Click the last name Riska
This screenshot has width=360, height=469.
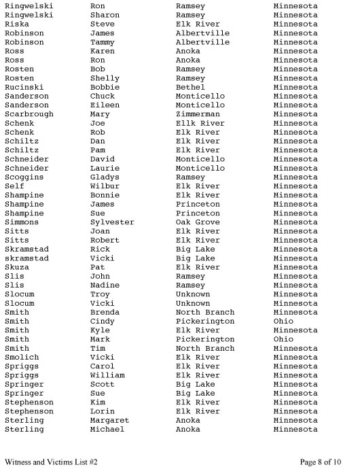(x=17, y=24)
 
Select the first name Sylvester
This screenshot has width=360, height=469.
(x=112, y=222)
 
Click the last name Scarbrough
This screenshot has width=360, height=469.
(x=29, y=114)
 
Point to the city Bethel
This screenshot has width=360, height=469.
(x=190, y=87)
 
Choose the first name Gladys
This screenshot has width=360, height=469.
(x=105, y=177)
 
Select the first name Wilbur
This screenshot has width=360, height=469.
(x=105, y=186)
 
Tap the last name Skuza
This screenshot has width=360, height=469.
(x=17, y=267)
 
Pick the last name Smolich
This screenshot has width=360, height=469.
(x=22, y=358)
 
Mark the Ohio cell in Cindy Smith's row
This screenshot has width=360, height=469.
(x=283, y=322)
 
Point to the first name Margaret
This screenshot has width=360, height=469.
(x=109, y=421)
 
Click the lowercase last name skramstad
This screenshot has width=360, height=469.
(x=26, y=258)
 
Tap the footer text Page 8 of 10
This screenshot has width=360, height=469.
(x=321, y=462)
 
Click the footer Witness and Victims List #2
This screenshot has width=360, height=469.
(x=51, y=462)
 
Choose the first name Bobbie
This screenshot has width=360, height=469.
(x=105, y=87)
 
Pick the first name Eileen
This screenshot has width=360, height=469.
(x=105, y=105)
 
